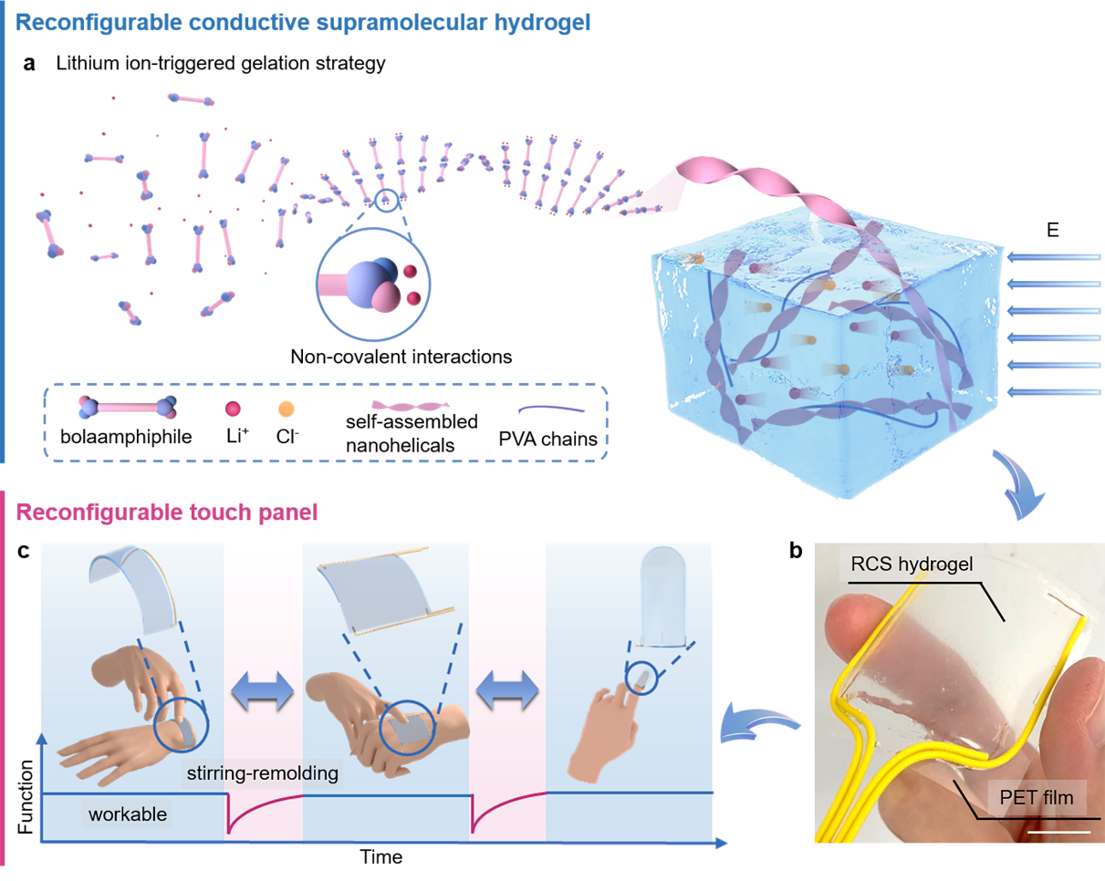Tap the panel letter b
pyautogui.click(x=795, y=551)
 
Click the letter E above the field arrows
pyautogui.click(x=1054, y=231)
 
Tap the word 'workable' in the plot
pyautogui.click(x=128, y=814)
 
